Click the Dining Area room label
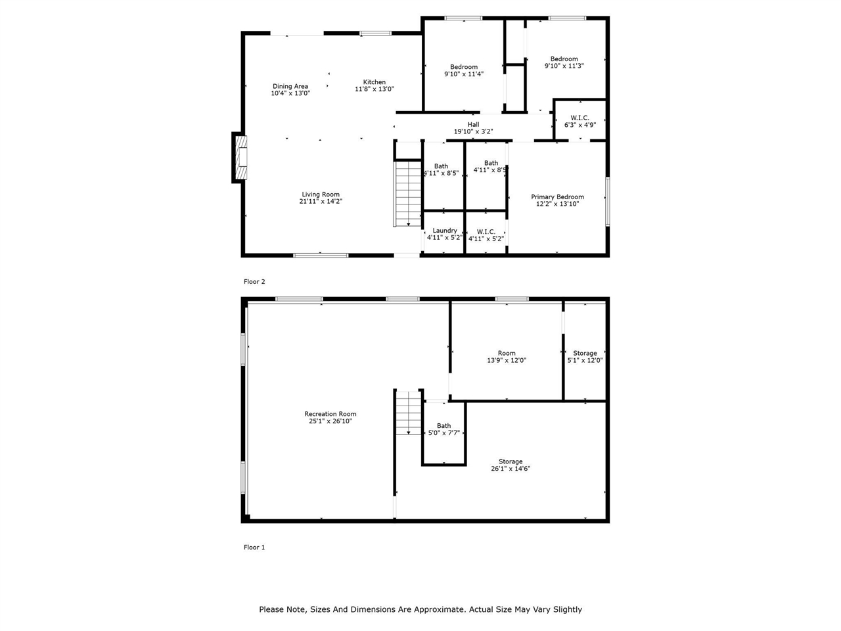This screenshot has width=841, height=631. coord(290,86)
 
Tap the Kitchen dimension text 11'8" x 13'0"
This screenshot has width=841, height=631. coord(375,89)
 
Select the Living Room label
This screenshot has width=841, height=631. coord(321,195)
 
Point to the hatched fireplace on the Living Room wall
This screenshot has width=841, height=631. coord(241,158)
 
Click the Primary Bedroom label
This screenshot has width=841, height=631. coord(557,197)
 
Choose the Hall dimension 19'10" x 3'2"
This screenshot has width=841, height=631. coord(473,131)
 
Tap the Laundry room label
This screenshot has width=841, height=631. coord(445,231)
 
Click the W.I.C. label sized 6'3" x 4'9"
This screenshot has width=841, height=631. coord(580,118)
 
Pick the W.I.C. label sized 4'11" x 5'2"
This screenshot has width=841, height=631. coord(486,232)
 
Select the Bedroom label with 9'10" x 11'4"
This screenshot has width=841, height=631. coord(464,67)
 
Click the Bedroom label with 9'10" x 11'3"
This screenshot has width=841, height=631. coord(564,59)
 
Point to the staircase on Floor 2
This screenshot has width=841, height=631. coord(408,193)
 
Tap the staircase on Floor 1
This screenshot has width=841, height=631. coord(409,413)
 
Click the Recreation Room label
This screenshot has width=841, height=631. coord(330,414)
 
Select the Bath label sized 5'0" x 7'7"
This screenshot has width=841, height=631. coord(443,426)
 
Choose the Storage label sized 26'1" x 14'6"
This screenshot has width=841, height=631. coord(511,461)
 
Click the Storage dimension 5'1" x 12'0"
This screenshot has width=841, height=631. coord(585,360)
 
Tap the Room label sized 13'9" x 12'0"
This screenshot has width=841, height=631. coord(507,353)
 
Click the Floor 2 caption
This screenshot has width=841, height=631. coord(254,281)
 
